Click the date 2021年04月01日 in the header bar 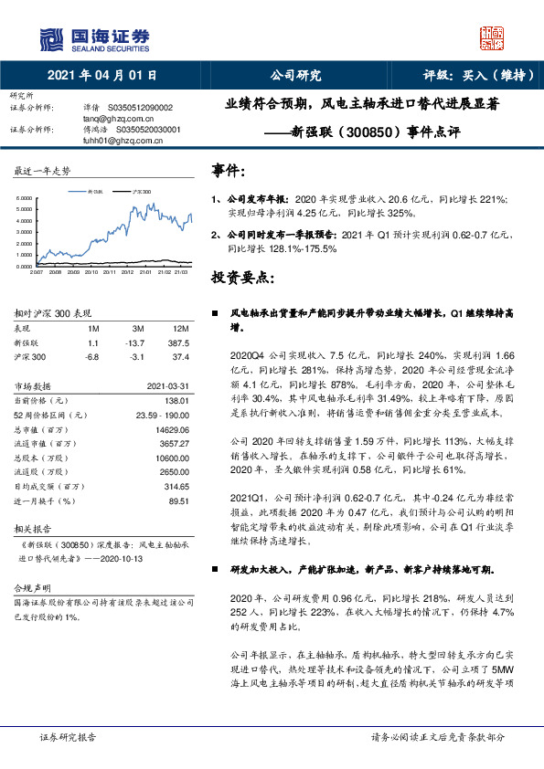click(x=101, y=75)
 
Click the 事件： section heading click(x=229, y=171)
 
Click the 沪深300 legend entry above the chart click(x=140, y=192)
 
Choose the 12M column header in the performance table click(x=179, y=328)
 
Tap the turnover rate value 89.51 click(x=178, y=500)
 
